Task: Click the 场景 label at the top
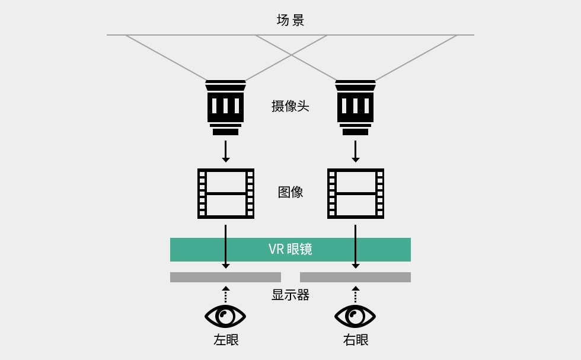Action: tap(290, 20)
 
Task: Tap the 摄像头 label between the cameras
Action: tap(290, 106)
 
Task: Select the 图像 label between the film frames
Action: tap(290, 192)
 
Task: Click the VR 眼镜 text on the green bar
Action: tap(290, 249)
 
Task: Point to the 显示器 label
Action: tap(290, 295)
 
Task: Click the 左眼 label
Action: tap(226, 340)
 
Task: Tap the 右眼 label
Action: tap(356, 340)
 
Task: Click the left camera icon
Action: tap(225, 107)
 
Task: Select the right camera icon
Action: tap(355, 107)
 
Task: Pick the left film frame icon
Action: tap(226, 193)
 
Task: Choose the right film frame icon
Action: tap(356, 193)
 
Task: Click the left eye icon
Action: tap(225, 316)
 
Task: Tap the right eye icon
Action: tap(355, 316)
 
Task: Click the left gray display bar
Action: tap(225, 277)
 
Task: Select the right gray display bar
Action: tap(355, 277)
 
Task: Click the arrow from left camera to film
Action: tap(225, 151)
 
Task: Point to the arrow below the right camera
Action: tap(355, 151)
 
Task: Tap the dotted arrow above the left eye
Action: tap(225, 295)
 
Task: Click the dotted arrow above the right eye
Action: tap(355, 295)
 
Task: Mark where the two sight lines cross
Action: tap(291, 56)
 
